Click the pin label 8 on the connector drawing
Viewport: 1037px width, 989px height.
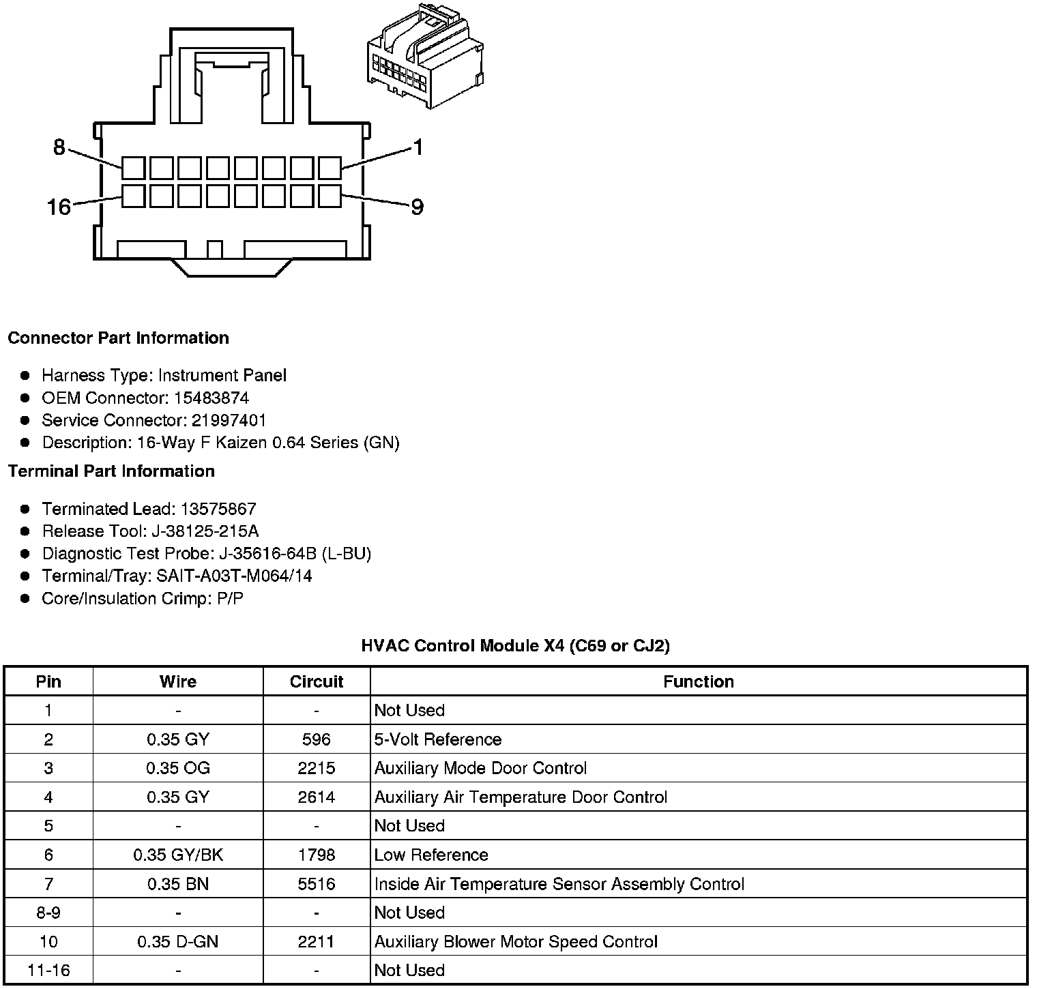(59, 147)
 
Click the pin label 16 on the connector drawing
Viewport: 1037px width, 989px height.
(59, 207)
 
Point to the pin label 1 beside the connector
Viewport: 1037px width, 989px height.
(418, 147)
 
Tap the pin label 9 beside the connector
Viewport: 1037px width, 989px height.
(417, 207)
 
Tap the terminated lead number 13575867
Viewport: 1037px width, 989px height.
(218, 509)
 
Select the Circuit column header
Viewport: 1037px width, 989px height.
(317, 681)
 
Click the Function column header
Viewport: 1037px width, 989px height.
(699, 681)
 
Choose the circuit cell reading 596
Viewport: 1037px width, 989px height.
(317, 739)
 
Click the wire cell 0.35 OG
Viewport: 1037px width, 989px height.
(178, 768)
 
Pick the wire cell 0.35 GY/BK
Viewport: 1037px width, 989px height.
(178, 855)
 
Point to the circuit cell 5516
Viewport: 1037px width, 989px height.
(317, 884)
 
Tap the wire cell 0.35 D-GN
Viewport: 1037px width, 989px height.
(178, 942)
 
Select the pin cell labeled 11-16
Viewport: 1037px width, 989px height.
(48, 970)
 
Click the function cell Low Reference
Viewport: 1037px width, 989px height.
(431, 855)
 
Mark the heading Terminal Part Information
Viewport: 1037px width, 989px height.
(111, 471)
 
